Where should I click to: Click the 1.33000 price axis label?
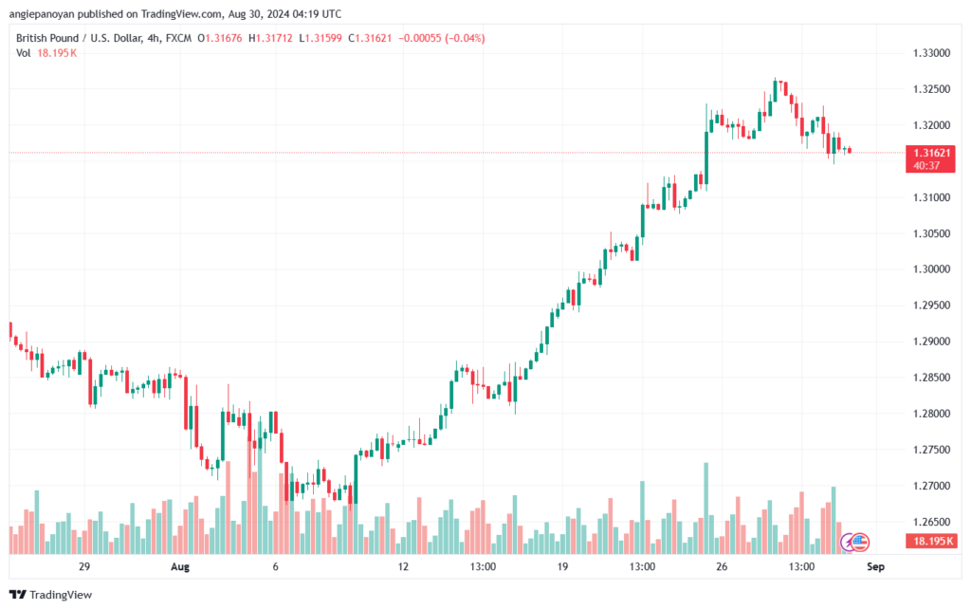point(931,53)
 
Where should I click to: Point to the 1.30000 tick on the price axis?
point(931,269)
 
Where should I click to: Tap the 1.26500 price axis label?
point(931,522)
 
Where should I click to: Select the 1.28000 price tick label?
point(931,414)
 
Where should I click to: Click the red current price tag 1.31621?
point(930,158)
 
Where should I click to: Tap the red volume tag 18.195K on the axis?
point(931,542)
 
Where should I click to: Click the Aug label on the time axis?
point(179,566)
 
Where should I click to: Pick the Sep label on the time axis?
point(875,566)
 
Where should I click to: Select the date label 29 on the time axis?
point(84,566)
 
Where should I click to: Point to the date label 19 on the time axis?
point(562,566)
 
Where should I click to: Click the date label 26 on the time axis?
point(722,566)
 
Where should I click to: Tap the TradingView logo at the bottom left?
point(51,595)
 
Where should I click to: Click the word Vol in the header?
point(24,53)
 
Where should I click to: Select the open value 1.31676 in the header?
point(224,38)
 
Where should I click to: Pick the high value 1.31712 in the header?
point(274,38)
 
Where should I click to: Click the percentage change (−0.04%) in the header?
point(465,38)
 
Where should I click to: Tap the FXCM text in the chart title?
point(178,38)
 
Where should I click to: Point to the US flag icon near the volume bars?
point(859,543)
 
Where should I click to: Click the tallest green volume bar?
point(705,508)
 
